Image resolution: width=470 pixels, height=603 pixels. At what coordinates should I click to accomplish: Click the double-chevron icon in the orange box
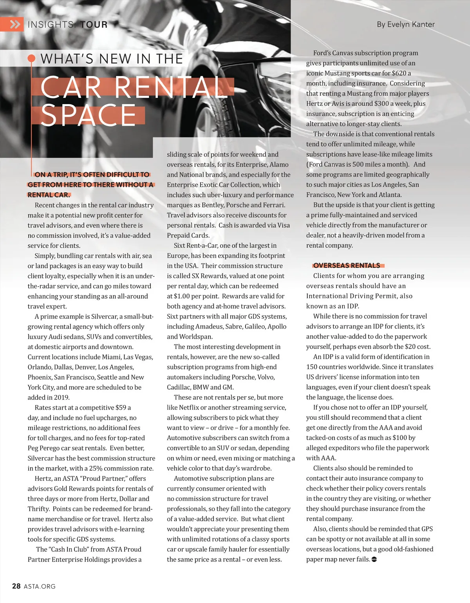[15, 25]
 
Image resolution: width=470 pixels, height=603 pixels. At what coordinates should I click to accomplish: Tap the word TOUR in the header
[94, 25]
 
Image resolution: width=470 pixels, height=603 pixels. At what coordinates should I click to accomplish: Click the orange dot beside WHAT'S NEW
[32, 59]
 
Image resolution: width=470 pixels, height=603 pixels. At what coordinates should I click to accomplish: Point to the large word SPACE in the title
[88, 116]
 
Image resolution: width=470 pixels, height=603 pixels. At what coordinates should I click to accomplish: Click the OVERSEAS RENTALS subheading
[347, 265]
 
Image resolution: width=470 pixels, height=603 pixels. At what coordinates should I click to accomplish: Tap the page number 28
[16, 586]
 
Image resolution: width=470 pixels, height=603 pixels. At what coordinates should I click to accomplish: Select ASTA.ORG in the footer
[40, 587]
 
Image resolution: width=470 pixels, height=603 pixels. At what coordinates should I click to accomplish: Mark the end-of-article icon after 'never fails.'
[374, 559]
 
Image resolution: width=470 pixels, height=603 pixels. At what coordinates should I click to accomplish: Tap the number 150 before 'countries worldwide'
[312, 367]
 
